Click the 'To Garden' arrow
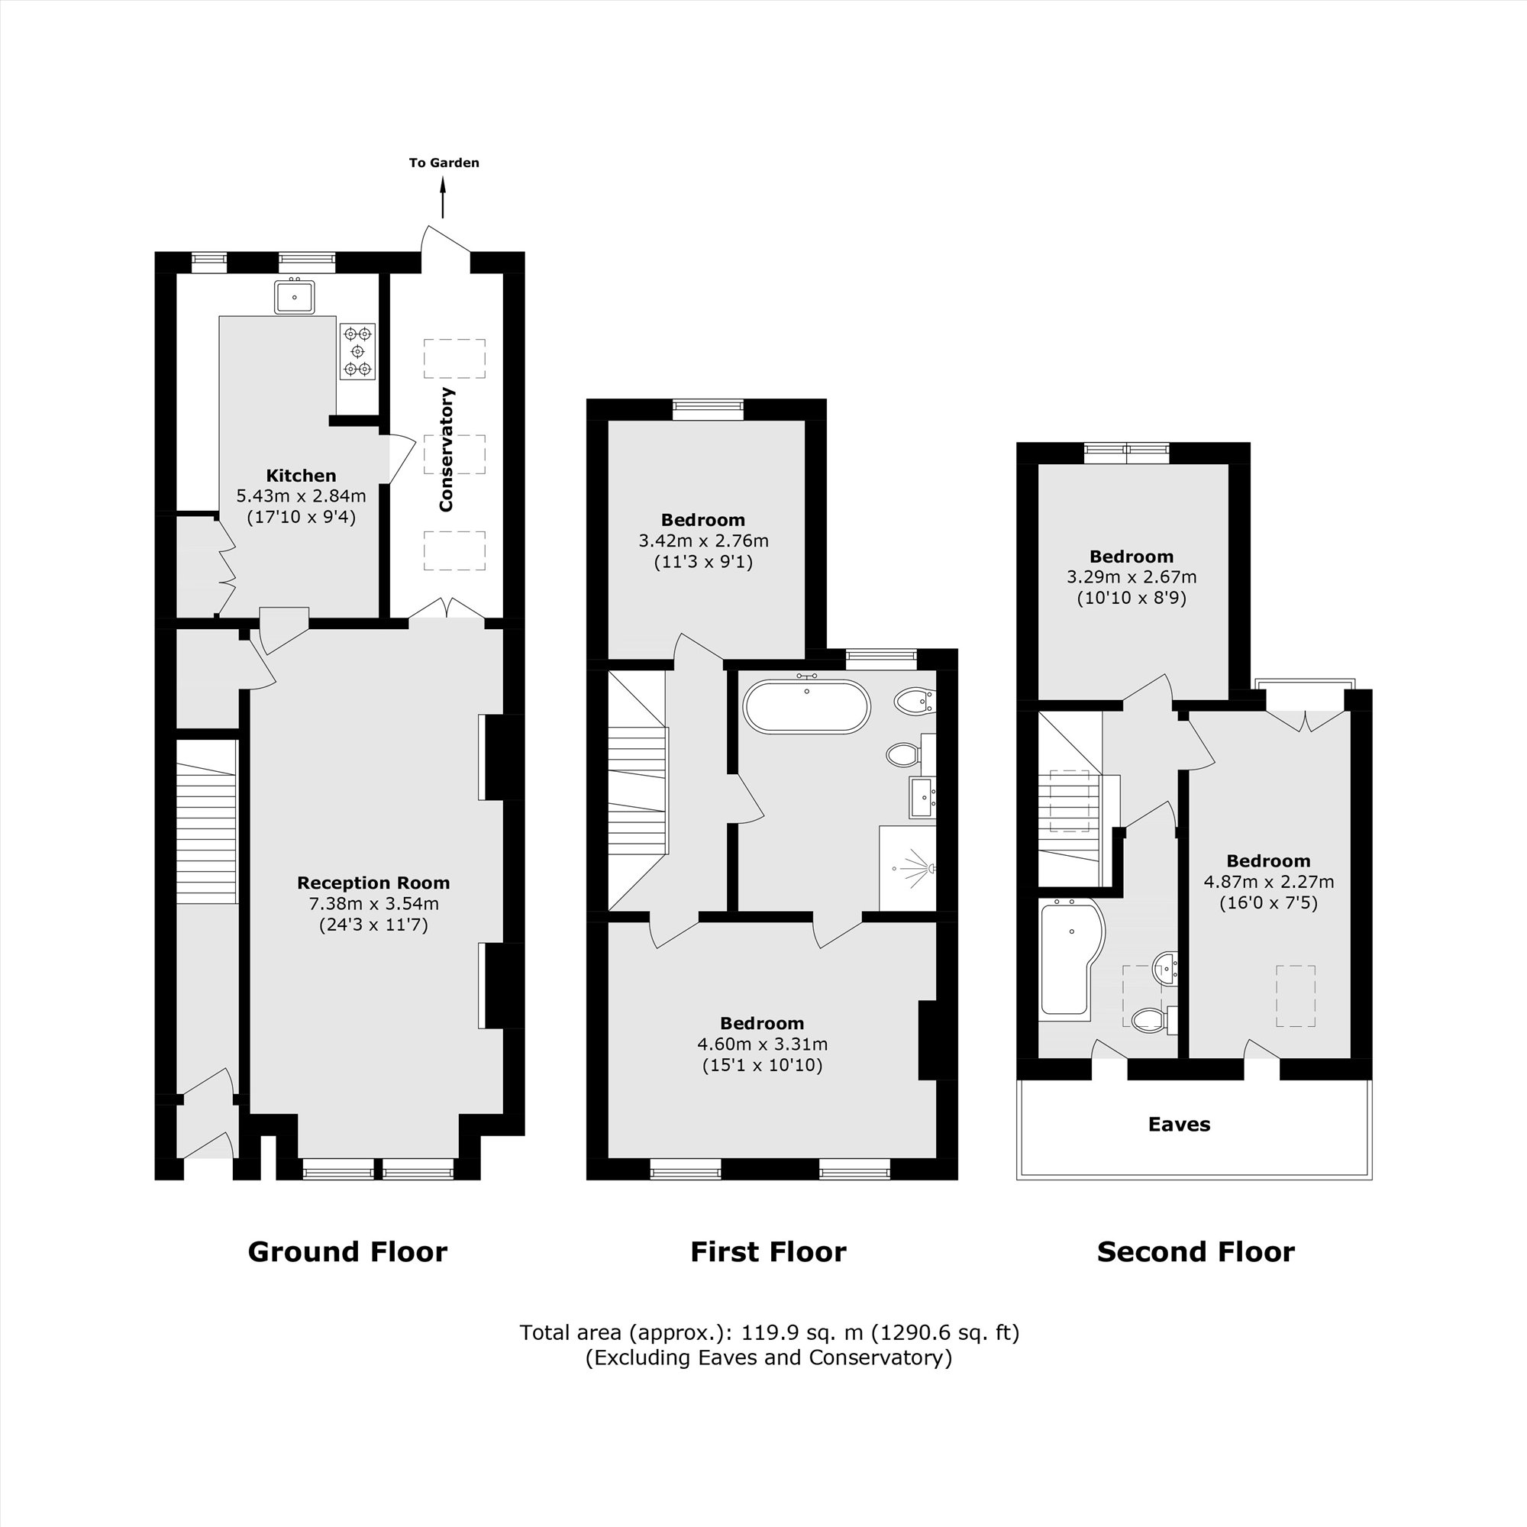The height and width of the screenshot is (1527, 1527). coord(443,197)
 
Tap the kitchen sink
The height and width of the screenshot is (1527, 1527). coord(294,297)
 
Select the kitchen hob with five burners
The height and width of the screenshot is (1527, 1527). coord(357,351)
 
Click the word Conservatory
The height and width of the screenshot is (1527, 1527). coord(447,449)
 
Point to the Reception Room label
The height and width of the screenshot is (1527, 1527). coord(373,883)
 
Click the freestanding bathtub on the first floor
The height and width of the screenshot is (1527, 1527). coord(806,706)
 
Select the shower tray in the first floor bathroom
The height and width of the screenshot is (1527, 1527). coord(907,868)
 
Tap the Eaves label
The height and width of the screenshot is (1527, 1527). coord(1178,1125)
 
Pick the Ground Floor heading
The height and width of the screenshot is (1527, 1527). coord(347,1252)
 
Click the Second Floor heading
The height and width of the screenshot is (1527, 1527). coord(1195,1252)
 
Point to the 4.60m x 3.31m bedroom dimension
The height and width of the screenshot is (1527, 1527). coord(762,1044)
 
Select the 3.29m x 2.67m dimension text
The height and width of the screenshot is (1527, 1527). coord(1131,577)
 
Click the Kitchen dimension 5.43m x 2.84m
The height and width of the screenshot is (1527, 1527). coord(300,496)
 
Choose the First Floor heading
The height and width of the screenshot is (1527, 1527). coord(767,1252)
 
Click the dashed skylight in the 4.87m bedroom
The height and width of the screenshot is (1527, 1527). coord(1295,996)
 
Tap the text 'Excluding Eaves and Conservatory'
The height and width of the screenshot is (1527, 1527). coord(768,1358)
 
